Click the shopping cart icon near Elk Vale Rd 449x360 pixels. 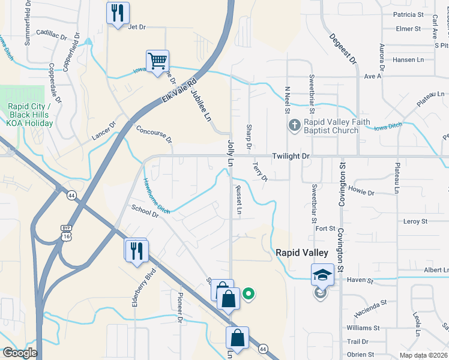point(157,61)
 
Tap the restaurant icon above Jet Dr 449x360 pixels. point(117,13)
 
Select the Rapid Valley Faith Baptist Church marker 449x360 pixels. point(294,125)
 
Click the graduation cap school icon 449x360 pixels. point(322,275)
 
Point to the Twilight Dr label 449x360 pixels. point(291,156)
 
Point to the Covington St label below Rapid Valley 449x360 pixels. point(340,247)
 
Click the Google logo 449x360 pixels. point(20,353)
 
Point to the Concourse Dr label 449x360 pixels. point(154,134)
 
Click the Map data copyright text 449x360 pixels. point(423,355)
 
